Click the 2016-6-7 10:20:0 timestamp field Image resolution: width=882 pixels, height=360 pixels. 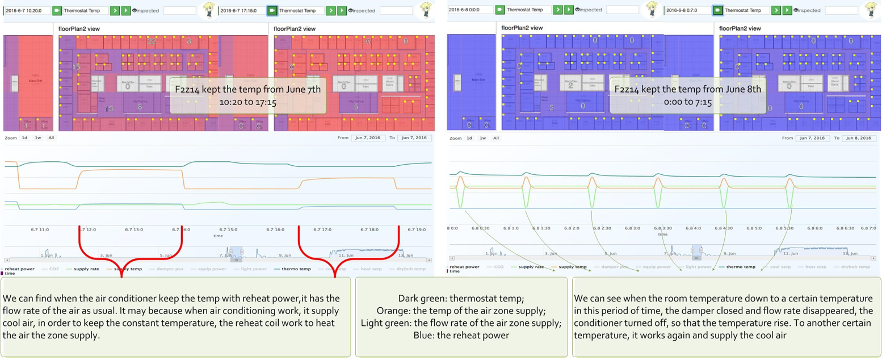(x=27, y=10)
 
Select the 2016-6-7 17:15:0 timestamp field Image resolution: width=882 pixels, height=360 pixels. (x=241, y=10)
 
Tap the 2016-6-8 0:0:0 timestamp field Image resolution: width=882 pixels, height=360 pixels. (x=470, y=10)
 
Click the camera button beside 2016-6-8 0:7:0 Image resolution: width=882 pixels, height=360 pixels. (x=717, y=10)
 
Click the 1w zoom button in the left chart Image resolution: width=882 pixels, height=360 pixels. (x=37, y=138)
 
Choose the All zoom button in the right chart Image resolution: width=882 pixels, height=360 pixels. (x=495, y=138)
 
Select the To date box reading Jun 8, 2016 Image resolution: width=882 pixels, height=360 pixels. (x=858, y=138)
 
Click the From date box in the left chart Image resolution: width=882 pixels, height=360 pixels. (x=367, y=138)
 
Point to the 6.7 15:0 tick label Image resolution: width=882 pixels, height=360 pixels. (x=229, y=229)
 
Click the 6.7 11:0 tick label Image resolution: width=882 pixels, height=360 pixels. (x=40, y=229)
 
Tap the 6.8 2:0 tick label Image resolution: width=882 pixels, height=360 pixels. (x=572, y=228)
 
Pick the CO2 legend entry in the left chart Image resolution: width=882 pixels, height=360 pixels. (x=54, y=269)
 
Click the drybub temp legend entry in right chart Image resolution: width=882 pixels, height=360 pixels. (x=856, y=266)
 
